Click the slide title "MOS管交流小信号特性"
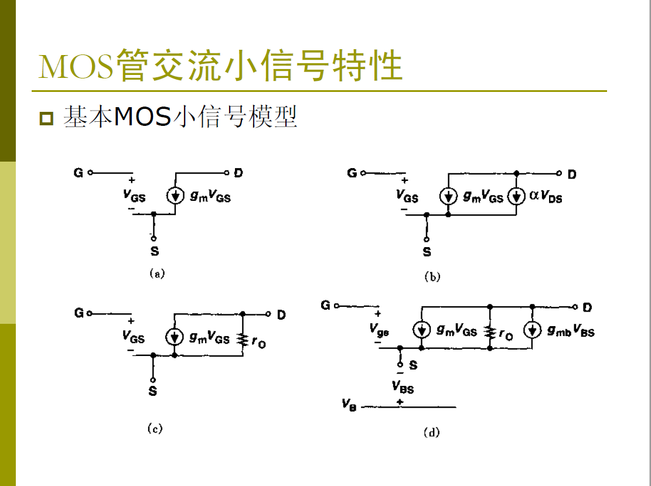click(220, 66)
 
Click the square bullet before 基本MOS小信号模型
click(46, 118)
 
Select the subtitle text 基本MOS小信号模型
click(180, 117)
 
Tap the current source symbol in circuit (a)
click(175, 196)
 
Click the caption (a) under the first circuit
click(156, 273)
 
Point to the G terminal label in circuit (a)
click(78, 173)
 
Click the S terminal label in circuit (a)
click(154, 252)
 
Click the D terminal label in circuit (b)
click(572, 174)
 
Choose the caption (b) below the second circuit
click(432, 277)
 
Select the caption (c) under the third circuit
click(154, 429)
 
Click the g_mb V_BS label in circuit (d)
click(571, 331)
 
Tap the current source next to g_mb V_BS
click(532, 330)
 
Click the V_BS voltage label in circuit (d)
click(403, 387)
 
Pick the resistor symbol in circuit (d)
click(490, 331)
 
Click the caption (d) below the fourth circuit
click(431, 433)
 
